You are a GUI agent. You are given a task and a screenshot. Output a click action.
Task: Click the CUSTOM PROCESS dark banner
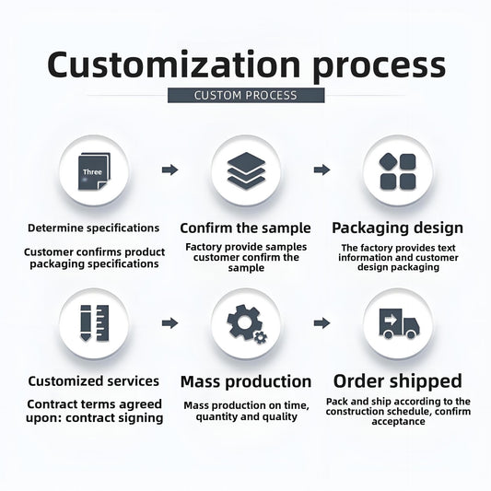[x=246, y=95]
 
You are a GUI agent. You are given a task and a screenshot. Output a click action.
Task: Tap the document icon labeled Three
[x=94, y=171]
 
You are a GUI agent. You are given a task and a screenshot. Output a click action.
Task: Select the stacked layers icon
[x=246, y=170]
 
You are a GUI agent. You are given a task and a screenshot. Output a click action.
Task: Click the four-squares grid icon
[x=398, y=171]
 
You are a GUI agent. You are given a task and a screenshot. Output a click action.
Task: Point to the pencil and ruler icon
[x=95, y=322]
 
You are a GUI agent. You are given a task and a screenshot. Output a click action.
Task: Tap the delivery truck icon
[x=399, y=323]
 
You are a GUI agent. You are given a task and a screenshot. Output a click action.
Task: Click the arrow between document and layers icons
[x=170, y=170]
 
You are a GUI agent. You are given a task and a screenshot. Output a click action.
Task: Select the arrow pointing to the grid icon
[x=321, y=170]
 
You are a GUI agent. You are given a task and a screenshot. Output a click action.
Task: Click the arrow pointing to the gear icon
[x=170, y=322]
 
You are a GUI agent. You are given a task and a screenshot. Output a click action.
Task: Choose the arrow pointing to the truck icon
[x=321, y=322]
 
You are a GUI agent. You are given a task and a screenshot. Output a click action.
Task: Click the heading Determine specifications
[x=94, y=228]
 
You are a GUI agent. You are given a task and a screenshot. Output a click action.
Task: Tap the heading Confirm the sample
[x=245, y=228]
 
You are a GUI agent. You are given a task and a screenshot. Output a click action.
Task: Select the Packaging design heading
[x=397, y=228]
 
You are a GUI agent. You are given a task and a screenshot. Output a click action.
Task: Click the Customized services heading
[x=94, y=381]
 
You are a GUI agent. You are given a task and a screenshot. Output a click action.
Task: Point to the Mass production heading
[x=246, y=382]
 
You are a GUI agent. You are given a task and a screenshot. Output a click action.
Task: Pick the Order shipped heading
[x=398, y=381]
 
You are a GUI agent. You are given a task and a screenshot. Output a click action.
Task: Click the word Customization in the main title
[x=174, y=64]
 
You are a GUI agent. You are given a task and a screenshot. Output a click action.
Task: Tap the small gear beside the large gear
[x=260, y=337]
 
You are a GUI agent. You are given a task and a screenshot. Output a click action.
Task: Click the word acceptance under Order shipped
[x=398, y=422]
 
